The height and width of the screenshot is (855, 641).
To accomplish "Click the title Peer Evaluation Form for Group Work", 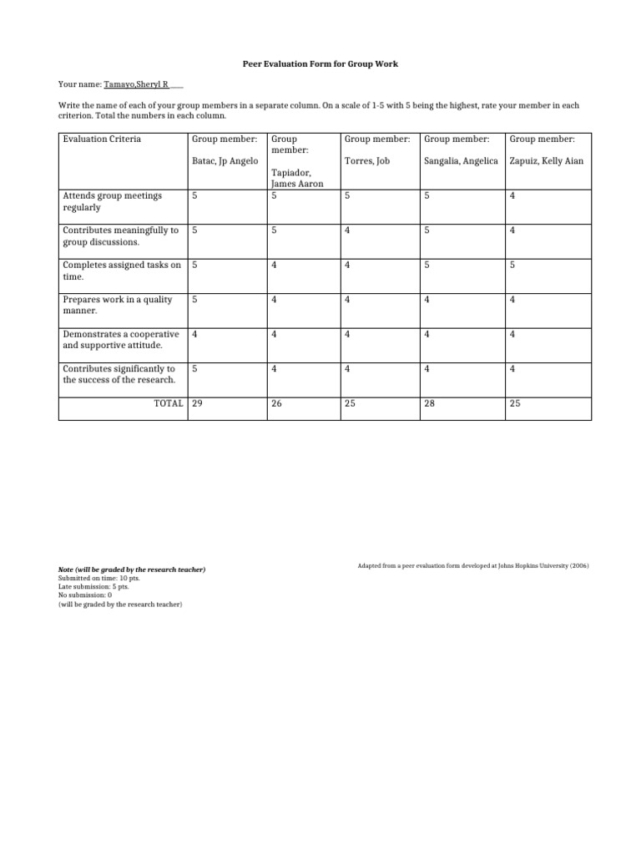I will pyautogui.click(x=320, y=63).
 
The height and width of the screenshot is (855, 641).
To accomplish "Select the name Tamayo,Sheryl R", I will pyautogui.click(x=136, y=85).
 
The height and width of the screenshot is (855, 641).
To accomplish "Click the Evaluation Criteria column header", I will pyautogui.click(x=102, y=139).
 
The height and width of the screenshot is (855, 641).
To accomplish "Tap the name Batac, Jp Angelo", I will pyautogui.click(x=220, y=160).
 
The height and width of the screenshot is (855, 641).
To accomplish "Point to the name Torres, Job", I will pyautogui.click(x=367, y=160).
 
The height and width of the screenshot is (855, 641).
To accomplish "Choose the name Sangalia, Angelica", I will pyautogui.click(x=461, y=160).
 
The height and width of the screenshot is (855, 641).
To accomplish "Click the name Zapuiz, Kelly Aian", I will pyautogui.click(x=547, y=160).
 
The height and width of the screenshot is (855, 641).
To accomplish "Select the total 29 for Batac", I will pyautogui.click(x=198, y=403).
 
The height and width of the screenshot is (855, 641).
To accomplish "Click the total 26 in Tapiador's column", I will pyautogui.click(x=276, y=403).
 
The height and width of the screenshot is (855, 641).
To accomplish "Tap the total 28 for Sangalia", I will pyautogui.click(x=430, y=403).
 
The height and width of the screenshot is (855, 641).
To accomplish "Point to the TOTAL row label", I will pyautogui.click(x=165, y=403).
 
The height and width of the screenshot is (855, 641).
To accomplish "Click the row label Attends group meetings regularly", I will pyautogui.click(x=113, y=201).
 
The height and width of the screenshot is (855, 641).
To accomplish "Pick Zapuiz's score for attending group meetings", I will pyautogui.click(x=512, y=196).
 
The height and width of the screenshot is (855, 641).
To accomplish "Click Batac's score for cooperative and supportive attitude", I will pyautogui.click(x=195, y=334).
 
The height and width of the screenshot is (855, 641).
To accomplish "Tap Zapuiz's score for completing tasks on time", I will pyautogui.click(x=512, y=266).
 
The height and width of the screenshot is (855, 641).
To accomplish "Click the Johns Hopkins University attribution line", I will pyautogui.click(x=472, y=566).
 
